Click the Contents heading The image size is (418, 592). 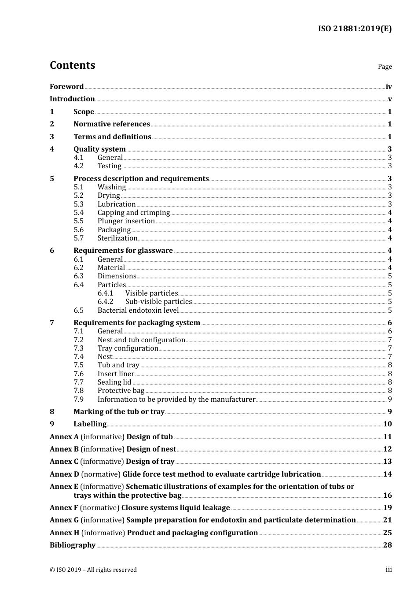(72, 65)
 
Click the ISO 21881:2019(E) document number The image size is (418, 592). (355, 29)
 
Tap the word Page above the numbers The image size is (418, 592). (385, 67)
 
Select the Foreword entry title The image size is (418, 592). (66, 87)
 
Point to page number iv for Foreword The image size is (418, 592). (389, 87)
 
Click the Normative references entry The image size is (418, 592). (112, 124)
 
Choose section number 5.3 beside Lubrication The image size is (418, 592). (78, 204)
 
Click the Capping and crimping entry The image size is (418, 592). (133, 213)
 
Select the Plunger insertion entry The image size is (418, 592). (126, 221)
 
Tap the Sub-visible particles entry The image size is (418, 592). (158, 302)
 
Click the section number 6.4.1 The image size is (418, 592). (105, 293)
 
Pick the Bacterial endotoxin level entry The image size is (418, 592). (138, 311)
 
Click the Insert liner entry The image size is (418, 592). (116, 374)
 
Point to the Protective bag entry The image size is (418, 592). (121, 391)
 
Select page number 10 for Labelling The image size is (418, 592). (387, 424)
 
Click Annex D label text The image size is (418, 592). (64, 474)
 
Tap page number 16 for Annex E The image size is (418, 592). (387, 496)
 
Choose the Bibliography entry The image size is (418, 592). (73, 545)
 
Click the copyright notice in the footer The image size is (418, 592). (93, 570)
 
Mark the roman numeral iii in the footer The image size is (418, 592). (389, 570)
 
